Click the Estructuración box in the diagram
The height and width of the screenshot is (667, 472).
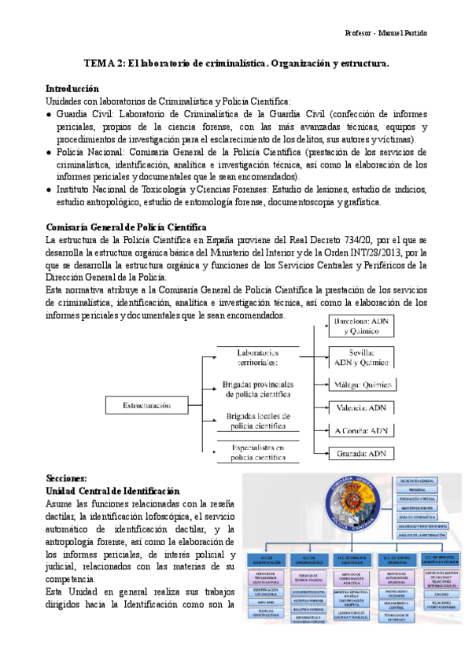point(147,405)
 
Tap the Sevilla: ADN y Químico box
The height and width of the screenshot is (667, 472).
point(361,356)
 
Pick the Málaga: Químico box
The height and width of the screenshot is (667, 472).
point(361,385)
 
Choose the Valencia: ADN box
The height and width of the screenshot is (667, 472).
point(361,407)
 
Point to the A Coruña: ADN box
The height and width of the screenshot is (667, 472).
point(361,430)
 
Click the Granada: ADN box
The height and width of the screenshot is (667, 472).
point(361,453)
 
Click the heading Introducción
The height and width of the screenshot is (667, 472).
point(72,89)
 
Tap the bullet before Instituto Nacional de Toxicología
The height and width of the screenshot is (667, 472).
point(50,190)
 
